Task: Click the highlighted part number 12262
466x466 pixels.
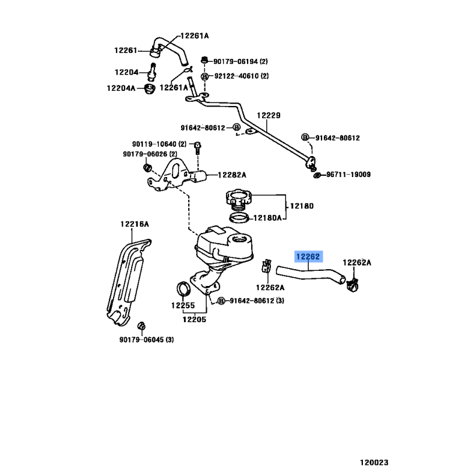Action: pyautogui.click(x=308, y=257)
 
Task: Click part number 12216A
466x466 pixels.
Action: pyautogui.click(x=135, y=224)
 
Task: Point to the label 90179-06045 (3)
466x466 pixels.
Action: pyautogui.click(x=147, y=340)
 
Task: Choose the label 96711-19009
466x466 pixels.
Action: pyautogui.click(x=348, y=175)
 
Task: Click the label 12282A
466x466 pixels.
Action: pyautogui.click(x=232, y=174)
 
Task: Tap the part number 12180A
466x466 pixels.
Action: pyautogui.click(x=267, y=218)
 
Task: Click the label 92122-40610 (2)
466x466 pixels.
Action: pyautogui.click(x=240, y=76)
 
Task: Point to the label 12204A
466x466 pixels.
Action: pyautogui.click(x=121, y=88)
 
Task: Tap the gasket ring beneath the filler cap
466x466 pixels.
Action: pyautogui.click(x=238, y=218)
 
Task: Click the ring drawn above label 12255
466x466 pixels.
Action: pyautogui.click(x=184, y=288)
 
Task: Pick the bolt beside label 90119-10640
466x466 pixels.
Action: pyautogui.click(x=197, y=147)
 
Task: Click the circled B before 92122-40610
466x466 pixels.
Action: pyautogui.click(x=204, y=76)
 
